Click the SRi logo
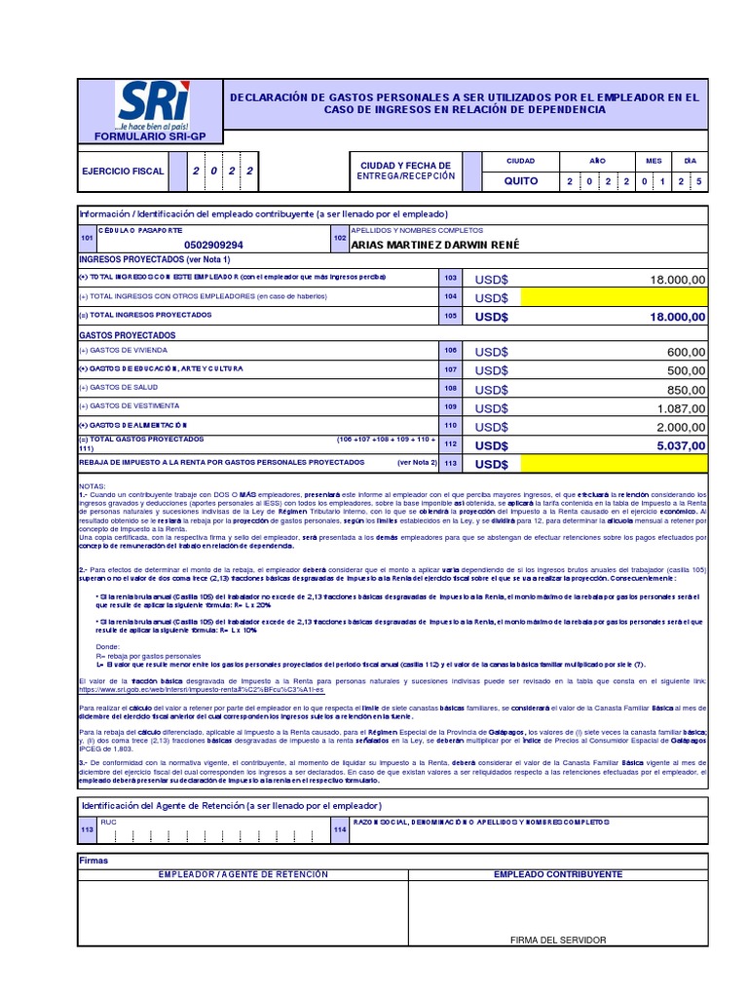(153, 105)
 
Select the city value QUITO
(519, 181)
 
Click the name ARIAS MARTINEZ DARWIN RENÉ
(434, 245)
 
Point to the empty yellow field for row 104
(615, 297)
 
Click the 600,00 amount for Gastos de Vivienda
(686, 352)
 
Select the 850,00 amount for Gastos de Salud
(686, 389)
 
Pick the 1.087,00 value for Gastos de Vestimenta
(680, 407)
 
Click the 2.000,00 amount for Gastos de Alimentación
(680, 426)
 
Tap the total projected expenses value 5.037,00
(680, 444)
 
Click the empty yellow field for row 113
(615, 463)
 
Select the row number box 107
(450, 370)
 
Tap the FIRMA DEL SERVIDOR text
(558, 940)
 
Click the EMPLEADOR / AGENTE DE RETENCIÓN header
(243, 874)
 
